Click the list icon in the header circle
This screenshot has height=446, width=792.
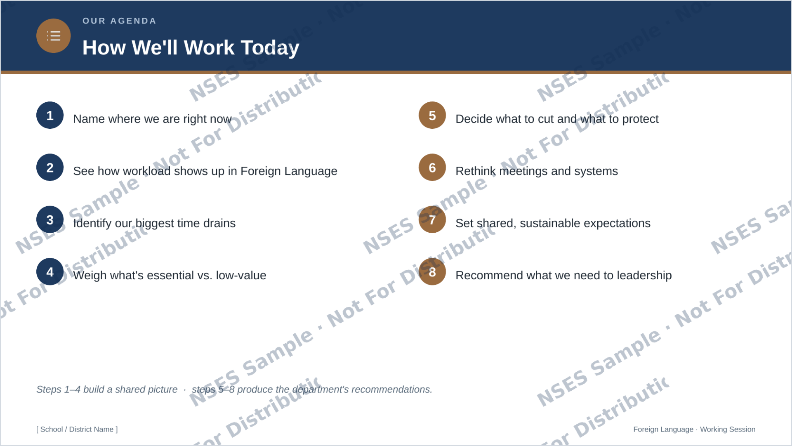[x=54, y=36]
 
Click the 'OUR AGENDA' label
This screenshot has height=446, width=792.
[x=119, y=21]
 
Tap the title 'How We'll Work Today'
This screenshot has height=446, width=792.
[x=191, y=47]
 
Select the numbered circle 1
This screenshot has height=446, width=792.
[x=50, y=115]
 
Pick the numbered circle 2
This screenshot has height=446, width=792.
[x=50, y=168]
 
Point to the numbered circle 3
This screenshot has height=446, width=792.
[x=50, y=219]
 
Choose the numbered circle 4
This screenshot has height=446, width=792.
[x=50, y=271]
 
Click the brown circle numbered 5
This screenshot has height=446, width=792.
[x=432, y=115]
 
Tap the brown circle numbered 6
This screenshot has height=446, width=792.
[x=432, y=168]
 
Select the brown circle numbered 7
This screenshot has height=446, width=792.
[x=432, y=219]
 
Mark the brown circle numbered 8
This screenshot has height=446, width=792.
[x=432, y=271]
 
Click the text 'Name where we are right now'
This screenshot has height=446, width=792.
[x=152, y=119]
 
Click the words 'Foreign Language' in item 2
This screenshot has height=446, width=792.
[x=289, y=171]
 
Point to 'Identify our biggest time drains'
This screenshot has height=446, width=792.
[x=154, y=223]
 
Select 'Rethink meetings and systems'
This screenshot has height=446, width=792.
[x=537, y=171]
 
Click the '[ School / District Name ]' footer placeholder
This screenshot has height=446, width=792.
[x=77, y=429]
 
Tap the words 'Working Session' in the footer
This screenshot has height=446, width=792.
[x=728, y=429]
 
